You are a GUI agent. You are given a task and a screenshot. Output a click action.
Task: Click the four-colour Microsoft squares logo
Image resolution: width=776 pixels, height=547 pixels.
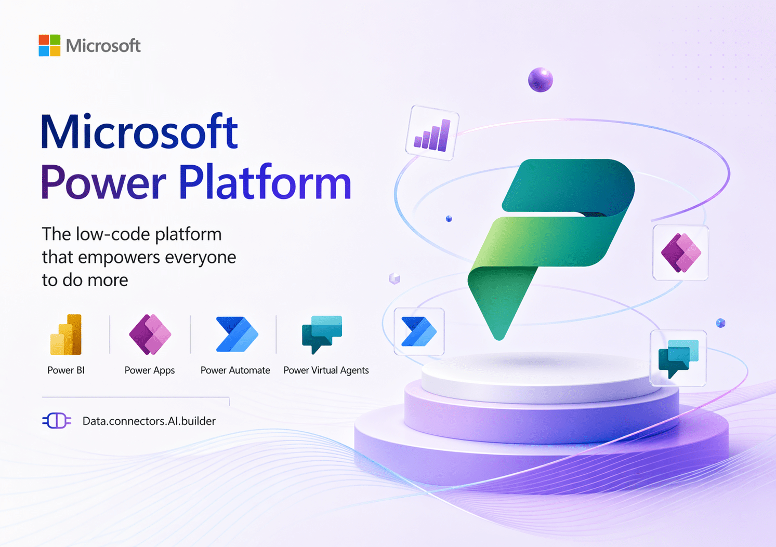click(x=49, y=46)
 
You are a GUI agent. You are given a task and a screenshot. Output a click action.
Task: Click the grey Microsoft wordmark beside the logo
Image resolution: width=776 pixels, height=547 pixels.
click(x=103, y=46)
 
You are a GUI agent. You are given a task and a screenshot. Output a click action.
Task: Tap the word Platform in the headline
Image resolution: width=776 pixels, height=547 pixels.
click(x=265, y=183)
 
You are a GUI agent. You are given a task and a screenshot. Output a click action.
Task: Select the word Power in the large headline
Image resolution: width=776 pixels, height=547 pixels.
click(x=103, y=183)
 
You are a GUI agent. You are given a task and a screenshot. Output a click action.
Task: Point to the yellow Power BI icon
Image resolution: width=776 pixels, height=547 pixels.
click(x=66, y=335)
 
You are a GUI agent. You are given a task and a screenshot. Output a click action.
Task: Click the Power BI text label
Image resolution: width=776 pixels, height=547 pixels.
click(x=66, y=370)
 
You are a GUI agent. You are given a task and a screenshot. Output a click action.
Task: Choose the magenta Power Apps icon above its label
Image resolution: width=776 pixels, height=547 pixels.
click(x=150, y=335)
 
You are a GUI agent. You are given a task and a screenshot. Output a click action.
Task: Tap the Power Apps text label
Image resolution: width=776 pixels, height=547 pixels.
click(x=150, y=370)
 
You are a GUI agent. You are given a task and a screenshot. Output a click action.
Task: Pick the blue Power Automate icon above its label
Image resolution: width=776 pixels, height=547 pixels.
click(x=236, y=335)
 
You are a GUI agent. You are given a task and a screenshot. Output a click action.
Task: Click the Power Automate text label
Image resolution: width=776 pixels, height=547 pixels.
click(x=235, y=370)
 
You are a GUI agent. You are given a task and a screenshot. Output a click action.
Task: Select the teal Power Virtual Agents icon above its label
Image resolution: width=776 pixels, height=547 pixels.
click(x=322, y=333)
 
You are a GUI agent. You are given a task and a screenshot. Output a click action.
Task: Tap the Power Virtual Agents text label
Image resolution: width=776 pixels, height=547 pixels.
click(x=326, y=370)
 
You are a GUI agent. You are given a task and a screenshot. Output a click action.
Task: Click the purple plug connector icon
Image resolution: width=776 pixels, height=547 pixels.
click(x=57, y=421)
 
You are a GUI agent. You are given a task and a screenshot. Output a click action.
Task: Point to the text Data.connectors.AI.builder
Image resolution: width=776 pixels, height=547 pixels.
click(x=149, y=421)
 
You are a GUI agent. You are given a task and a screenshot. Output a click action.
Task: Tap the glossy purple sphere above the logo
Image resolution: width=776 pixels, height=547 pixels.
click(x=541, y=80)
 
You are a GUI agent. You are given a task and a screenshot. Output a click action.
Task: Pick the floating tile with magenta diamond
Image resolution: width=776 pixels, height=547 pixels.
click(x=681, y=253)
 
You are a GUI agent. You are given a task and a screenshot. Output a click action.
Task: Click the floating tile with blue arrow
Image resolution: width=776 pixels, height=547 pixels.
click(x=419, y=331)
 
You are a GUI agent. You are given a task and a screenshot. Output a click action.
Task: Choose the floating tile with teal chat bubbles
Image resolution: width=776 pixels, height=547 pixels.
click(x=678, y=358)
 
